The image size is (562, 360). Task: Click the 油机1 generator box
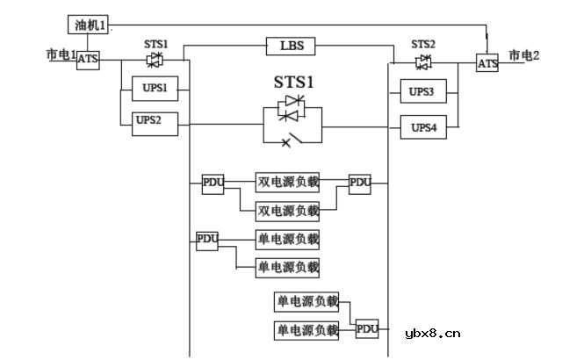[89, 25]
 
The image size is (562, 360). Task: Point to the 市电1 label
[61, 54]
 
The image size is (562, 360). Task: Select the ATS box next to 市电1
[88, 61]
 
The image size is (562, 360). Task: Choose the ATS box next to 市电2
[487, 63]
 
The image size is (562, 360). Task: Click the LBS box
[291, 45]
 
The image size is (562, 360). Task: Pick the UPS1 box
[155, 89]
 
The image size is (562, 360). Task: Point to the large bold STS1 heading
[292, 84]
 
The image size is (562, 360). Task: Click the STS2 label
[423, 44]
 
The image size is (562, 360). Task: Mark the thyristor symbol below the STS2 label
[423, 61]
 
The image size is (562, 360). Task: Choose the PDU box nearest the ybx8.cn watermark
[366, 329]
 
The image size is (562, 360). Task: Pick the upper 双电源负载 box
[287, 183]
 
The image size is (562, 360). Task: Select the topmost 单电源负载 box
[287, 239]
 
